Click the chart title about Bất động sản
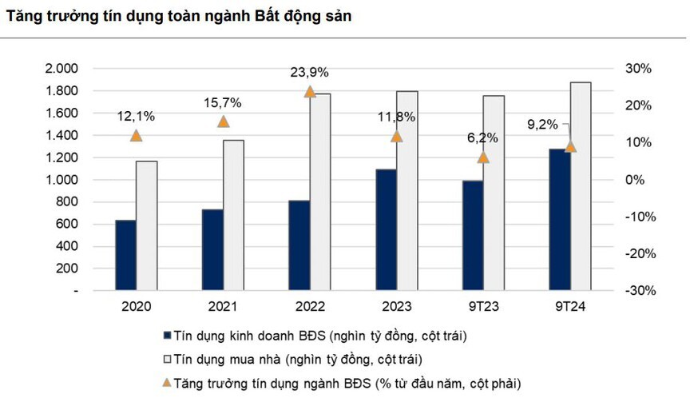coord(178,15)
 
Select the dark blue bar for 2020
coord(125,255)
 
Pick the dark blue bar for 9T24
coord(559,220)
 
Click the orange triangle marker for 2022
coord(310,92)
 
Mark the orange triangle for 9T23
coord(483,157)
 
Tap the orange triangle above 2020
coord(137,136)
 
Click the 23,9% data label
coord(309,73)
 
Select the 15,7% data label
coord(223,103)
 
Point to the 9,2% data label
coord(543,125)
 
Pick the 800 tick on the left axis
coord(68,202)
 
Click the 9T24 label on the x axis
coord(569,307)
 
